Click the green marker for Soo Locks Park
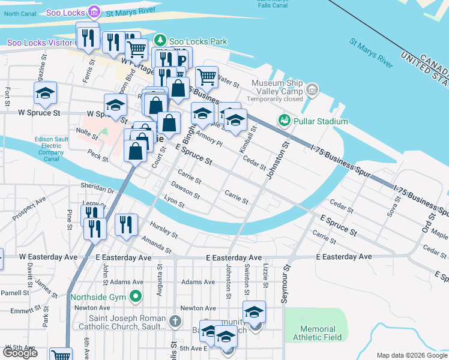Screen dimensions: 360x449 click(160, 41)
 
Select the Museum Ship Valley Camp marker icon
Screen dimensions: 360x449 click(311, 91)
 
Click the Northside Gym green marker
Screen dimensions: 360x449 click(136, 296)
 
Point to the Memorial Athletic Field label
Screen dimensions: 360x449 click(318, 333)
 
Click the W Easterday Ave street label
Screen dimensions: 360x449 click(48, 257)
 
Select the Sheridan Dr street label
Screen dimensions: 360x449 click(101, 190)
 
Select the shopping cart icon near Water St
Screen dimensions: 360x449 click(206, 77)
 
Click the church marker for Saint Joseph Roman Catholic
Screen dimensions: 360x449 click(175, 322)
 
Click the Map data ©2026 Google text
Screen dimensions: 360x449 click(412, 355)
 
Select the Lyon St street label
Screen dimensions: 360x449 click(174, 203)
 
